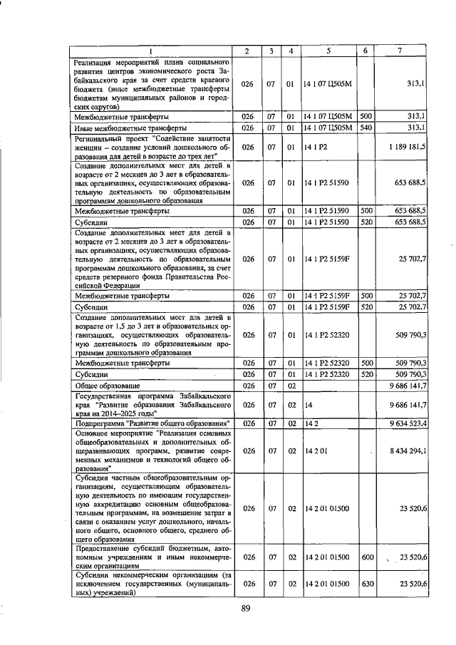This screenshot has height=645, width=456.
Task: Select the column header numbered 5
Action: click(x=328, y=51)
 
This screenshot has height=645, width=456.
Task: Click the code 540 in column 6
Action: click(x=366, y=128)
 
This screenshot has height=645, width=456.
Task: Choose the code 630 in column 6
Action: click(x=366, y=584)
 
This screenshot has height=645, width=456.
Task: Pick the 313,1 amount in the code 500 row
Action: click(x=413, y=115)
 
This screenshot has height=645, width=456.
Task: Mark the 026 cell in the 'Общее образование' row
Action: click(x=247, y=386)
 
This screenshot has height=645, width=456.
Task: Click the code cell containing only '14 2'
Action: click(x=311, y=423)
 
